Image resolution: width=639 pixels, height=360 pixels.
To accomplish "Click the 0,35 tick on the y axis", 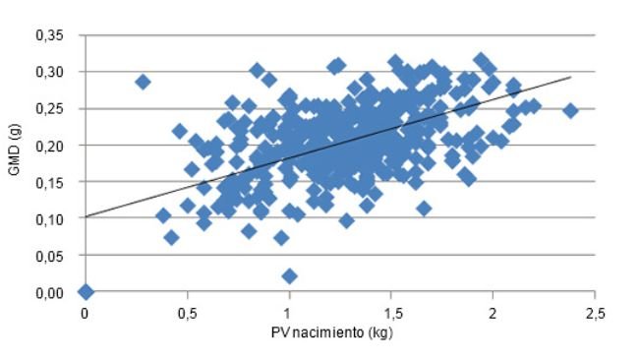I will [x=60, y=35].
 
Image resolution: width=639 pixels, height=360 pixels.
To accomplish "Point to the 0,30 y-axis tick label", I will [x=60, y=72].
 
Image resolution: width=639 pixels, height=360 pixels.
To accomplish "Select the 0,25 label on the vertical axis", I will [x=60, y=109].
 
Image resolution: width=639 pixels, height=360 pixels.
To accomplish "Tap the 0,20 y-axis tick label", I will [x=60, y=146].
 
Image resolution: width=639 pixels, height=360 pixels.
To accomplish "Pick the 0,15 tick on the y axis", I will [x=60, y=182].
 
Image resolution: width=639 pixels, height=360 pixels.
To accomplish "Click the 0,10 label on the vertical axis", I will [x=60, y=219].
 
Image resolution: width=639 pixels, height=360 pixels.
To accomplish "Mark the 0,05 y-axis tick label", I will [x=60, y=256].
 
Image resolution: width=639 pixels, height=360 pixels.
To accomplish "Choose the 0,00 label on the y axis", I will [x=60, y=292].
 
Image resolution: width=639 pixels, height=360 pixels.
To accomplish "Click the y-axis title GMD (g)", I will [x=17, y=163].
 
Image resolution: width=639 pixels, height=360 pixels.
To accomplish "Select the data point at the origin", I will [x=86, y=291].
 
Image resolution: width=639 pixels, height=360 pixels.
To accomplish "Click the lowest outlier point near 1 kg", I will [x=289, y=275].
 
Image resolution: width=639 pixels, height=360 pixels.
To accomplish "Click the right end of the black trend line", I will [x=570, y=77].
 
